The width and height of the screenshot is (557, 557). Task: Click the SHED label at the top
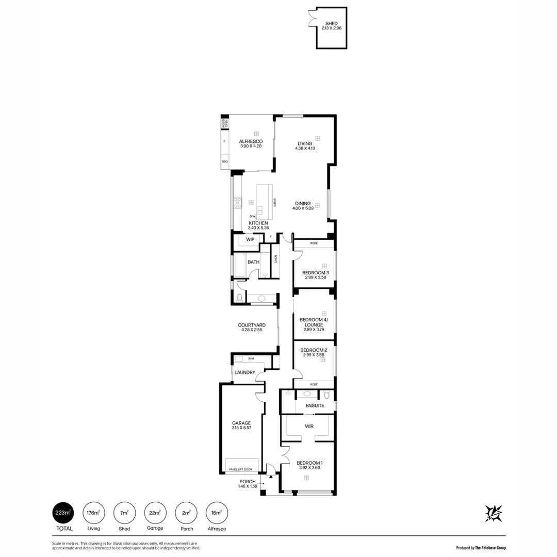(331, 23)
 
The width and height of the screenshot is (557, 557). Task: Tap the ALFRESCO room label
(251, 141)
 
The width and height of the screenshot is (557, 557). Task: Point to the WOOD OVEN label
(224, 124)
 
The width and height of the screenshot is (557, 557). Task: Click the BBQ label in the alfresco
(224, 161)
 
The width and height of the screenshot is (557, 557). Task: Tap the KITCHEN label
(258, 223)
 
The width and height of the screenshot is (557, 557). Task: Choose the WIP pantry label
(250, 239)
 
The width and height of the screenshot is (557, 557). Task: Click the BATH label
(253, 262)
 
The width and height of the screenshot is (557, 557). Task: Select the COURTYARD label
(252, 325)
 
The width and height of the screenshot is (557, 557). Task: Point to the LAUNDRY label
(244, 372)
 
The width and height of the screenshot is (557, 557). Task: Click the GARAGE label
(241, 423)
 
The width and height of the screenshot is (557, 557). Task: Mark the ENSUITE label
(315, 406)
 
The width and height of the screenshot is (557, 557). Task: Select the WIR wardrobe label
(309, 426)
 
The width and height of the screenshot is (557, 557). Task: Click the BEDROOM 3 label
(315, 272)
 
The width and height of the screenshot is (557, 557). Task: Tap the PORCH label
(248, 481)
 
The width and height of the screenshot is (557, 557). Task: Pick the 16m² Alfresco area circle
(217, 513)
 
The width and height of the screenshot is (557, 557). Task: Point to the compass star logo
(494, 512)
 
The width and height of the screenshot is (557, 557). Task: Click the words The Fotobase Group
(490, 548)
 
